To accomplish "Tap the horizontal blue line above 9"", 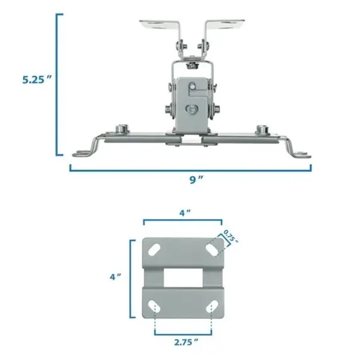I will [190, 169].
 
